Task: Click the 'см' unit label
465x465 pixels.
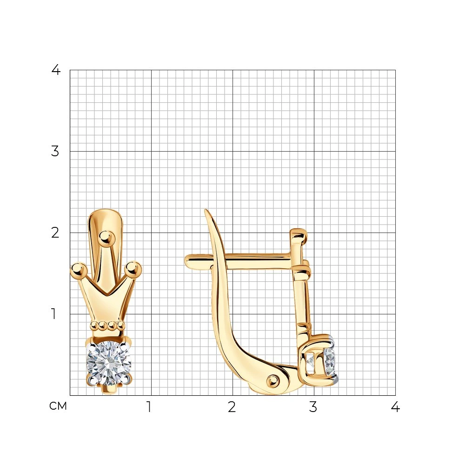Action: [58, 406]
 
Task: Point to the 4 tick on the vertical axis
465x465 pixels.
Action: [56, 70]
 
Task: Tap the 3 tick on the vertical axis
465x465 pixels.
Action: [55, 151]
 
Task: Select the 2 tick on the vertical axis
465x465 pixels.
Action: [55, 233]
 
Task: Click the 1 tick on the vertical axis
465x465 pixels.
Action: [53, 314]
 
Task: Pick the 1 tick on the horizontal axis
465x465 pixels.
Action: [149, 407]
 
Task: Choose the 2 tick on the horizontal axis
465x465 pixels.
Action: [232, 407]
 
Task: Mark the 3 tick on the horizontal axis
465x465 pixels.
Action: [313, 407]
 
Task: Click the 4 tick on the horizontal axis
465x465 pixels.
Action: [395, 407]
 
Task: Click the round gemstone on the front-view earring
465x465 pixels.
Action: [109, 363]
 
